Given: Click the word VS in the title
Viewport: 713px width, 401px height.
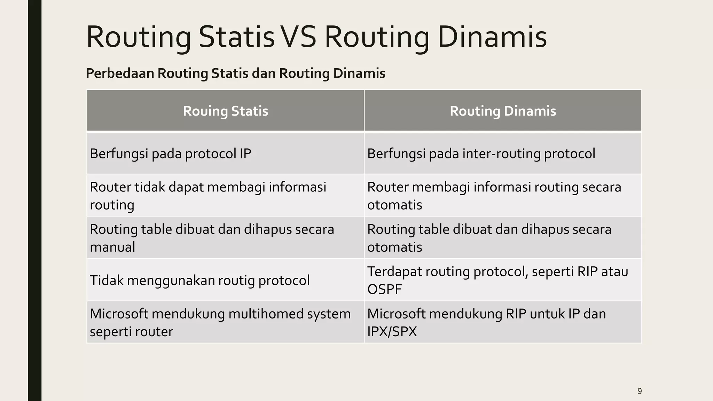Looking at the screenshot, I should click(x=298, y=37).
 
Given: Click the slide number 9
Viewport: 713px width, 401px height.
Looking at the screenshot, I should click(x=639, y=391).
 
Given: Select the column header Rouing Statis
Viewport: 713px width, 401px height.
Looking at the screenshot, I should click(x=225, y=111).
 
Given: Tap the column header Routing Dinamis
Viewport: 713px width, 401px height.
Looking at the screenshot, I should click(x=502, y=111).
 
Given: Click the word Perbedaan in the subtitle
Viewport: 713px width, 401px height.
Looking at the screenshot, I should click(x=120, y=73).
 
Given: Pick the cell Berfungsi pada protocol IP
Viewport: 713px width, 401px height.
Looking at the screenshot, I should click(x=170, y=154).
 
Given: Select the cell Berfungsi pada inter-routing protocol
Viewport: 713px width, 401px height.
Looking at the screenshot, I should click(x=481, y=154).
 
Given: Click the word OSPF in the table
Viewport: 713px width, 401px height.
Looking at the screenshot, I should click(x=384, y=289).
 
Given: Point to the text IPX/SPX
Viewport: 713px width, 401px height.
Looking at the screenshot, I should click(x=392, y=331).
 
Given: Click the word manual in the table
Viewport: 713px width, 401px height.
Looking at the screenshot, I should click(x=112, y=247).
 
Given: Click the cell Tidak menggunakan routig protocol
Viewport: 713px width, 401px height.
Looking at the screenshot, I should click(x=199, y=281).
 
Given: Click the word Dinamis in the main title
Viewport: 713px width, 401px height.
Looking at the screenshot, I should click(x=492, y=37).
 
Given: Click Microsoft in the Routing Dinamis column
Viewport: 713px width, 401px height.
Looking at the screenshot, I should click(x=396, y=314).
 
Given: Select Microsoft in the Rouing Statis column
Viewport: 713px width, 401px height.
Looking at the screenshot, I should click(x=119, y=314).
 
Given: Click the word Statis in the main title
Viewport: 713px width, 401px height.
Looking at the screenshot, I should click(x=236, y=37).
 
